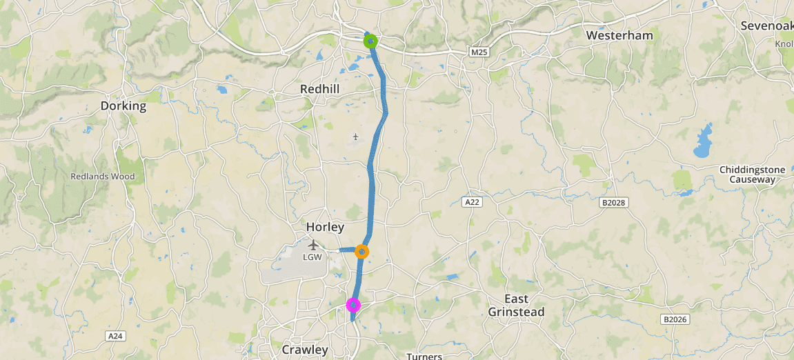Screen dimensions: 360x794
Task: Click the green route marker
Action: coord(370,41)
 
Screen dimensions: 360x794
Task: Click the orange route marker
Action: coord(361,252)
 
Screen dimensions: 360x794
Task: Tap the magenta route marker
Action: coord(353,304)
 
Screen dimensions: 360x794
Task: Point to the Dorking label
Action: coord(123,106)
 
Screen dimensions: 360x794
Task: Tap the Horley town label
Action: coord(325,227)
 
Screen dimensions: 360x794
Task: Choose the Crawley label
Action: coord(305,350)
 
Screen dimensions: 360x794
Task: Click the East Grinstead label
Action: coord(516,305)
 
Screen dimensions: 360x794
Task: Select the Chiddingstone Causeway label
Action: coord(747,174)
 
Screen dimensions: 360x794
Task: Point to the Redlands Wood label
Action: coord(103,176)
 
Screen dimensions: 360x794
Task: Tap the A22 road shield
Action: coord(472,202)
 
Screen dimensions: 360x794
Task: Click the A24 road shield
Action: coord(115,336)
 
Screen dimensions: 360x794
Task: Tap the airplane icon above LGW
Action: coord(314,244)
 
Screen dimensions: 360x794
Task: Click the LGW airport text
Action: coord(313,257)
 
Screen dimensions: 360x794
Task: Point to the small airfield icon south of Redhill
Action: coord(355,137)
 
